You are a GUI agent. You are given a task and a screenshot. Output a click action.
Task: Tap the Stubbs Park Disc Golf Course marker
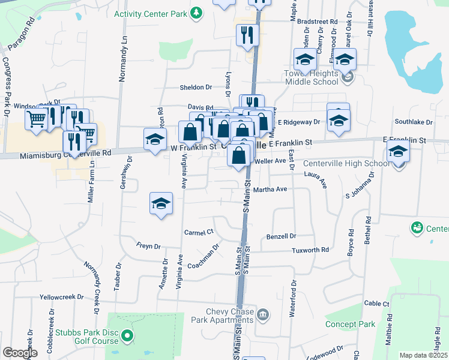(127, 336)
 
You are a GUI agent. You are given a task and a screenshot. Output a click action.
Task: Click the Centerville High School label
(346, 163)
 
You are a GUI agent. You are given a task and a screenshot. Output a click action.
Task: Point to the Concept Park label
(350, 324)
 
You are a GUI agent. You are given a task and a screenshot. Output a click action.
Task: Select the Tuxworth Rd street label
(310, 250)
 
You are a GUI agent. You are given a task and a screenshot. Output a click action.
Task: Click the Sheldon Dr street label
(196, 88)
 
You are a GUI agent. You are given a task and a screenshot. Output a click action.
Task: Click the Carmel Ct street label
(199, 232)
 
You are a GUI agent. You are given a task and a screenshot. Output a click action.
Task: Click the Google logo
(20, 353)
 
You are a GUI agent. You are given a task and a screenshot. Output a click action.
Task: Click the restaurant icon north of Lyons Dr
(248, 35)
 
